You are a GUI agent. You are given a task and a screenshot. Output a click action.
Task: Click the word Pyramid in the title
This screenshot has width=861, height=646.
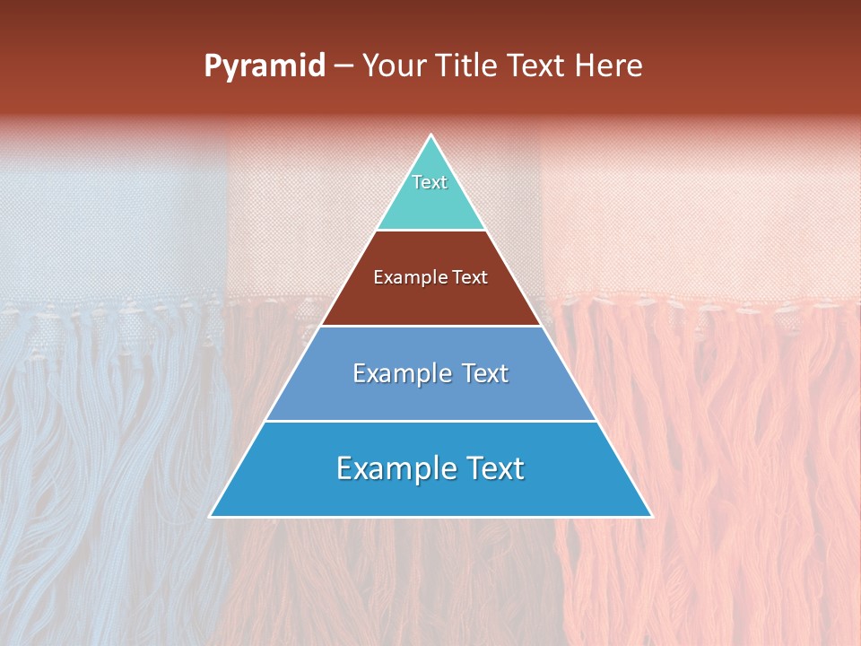click(265, 66)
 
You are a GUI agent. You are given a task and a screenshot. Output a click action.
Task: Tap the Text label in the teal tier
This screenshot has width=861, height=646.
click(430, 182)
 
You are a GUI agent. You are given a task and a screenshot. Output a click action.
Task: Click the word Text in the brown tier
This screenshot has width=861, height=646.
click(469, 278)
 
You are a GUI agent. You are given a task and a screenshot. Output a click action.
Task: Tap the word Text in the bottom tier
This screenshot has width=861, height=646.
click(491, 468)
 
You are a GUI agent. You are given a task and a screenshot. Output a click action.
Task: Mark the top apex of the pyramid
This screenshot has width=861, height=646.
click(430, 135)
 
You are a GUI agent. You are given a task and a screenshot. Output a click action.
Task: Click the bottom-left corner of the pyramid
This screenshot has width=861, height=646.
click(211, 516)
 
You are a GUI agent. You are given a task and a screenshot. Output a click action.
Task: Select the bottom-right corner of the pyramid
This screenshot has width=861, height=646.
click(651, 516)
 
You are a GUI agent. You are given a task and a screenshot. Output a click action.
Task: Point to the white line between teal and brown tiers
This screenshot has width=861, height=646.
click(430, 231)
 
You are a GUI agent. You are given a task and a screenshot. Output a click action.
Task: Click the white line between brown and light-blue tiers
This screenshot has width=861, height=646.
click(430, 326)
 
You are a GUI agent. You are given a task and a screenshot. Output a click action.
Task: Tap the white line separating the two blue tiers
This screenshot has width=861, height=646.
click(430, 421)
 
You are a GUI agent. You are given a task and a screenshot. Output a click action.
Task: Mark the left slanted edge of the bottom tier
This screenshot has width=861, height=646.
click(238, 468)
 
